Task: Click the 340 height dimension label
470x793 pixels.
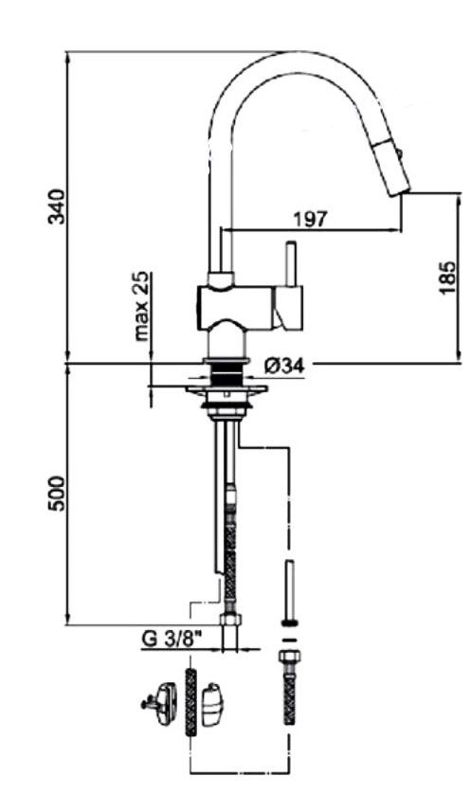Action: tap(57, 206)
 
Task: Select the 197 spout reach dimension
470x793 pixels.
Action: tap(311, 219)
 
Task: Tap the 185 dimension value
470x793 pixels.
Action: tap(447, 278)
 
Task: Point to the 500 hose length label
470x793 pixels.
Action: tap(57, 493)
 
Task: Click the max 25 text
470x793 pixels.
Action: tap(142, 306)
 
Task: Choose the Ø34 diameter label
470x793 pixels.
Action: tap(284, 365)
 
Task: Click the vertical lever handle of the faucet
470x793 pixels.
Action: tap(290, 264)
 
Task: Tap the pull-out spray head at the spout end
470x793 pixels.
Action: tap(391, 168)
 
